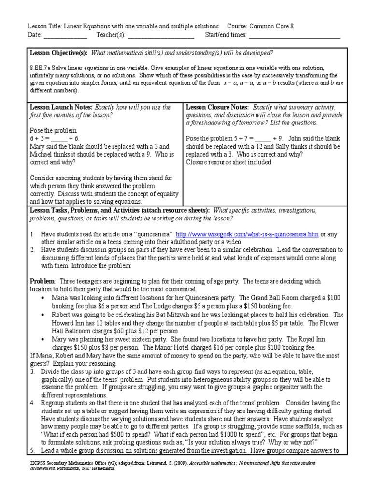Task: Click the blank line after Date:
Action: (x=65, y=35)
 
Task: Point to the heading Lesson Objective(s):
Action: (x=59, y=53)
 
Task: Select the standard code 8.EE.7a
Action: (x=42, y=68)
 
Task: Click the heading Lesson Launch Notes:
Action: (x=61, y=107)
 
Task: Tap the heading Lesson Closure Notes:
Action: (x=218, y=107)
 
